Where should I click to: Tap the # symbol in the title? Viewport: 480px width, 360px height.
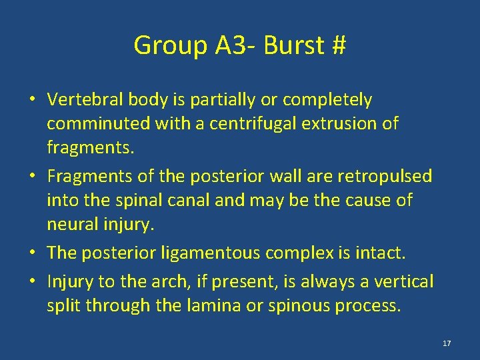coord(338,46)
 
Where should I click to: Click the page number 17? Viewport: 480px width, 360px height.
coord(447,343)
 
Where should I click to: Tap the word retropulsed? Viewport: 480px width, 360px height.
coord(385,177)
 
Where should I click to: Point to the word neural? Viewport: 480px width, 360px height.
coord(70,224)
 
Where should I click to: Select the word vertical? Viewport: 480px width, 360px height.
coord(407,282)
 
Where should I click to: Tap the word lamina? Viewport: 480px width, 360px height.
coord(217,305)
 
